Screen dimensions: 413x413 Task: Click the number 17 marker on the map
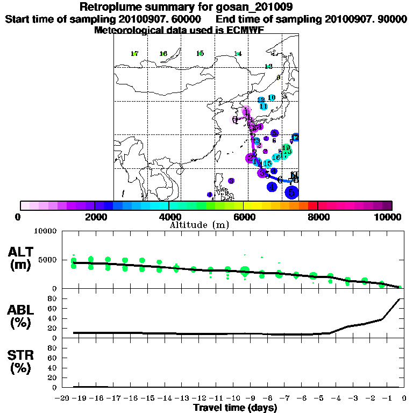[x=134, y=54]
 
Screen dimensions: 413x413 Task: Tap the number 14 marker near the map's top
[x=238, y=54]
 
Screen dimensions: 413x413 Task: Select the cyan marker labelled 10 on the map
[x=272, y=97]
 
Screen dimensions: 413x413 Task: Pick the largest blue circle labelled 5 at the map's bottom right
[x=291, y=192]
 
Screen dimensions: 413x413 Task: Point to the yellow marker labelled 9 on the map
[x=279, y=77]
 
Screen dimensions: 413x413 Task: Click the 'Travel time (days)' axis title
[x=235, y=408]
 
